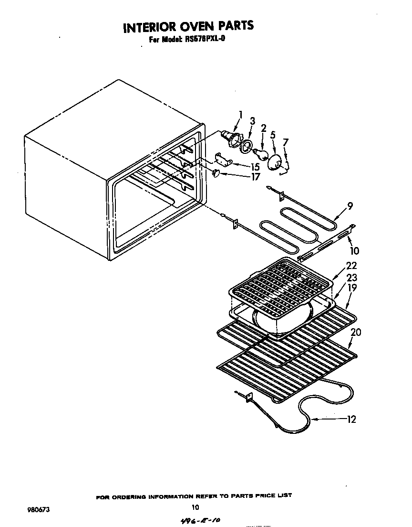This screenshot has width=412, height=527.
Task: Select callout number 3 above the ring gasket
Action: (x=253, y=121)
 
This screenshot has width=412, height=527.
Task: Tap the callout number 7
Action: (x=286, y=142)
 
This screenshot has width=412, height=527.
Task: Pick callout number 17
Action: (x=256, y=177)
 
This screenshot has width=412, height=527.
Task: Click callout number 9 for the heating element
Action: (x=350, y=206)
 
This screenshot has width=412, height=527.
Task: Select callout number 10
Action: (x=355, y=250)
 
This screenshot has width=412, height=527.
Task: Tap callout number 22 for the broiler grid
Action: (x=351, y=266)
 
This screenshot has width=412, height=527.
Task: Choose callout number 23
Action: (x=352, y=278)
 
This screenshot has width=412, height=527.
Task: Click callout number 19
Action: (x=352, y=288)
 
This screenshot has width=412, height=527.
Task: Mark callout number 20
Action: (x=356, y=332)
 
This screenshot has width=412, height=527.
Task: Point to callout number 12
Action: (x=351, y=420)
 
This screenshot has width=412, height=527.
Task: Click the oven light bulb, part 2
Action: (x=260, y=152)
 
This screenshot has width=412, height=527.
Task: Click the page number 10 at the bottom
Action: (x=195, y=508)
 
